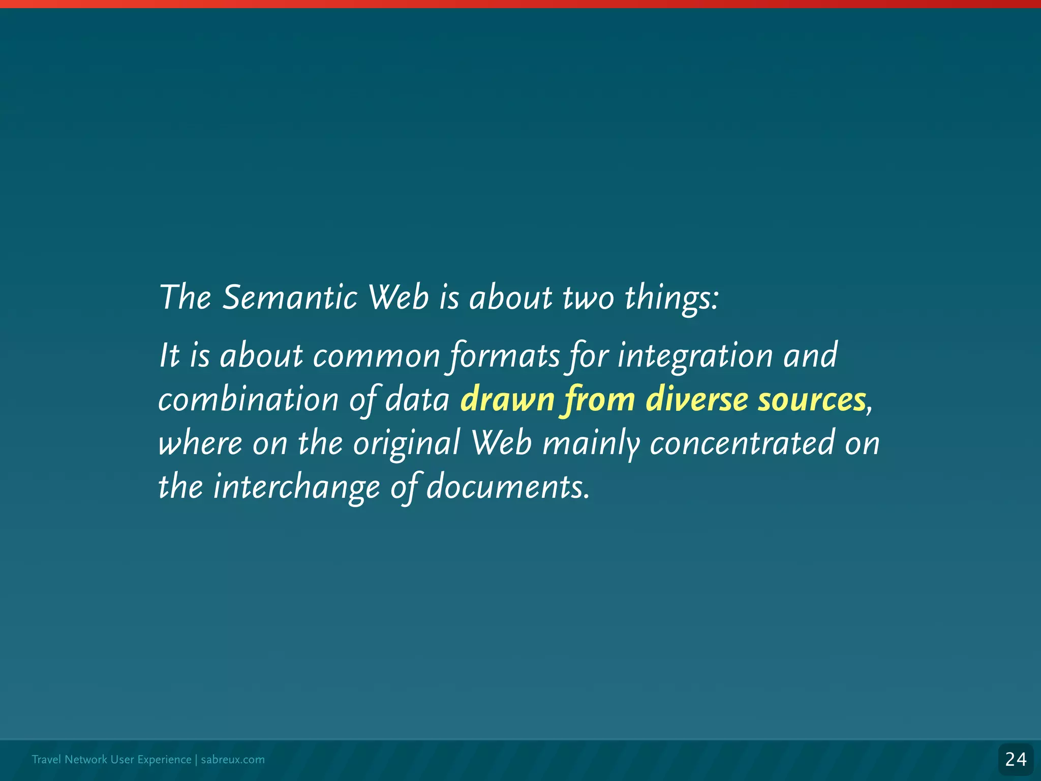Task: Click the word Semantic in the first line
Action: tap(290, 297)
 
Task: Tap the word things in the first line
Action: tap(671, 297)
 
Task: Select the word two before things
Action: tap(588, 297)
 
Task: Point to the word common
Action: tap(376, 355)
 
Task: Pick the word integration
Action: tap(695, 355)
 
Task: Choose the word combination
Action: tap(248, 400)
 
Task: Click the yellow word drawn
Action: tap(507, 400)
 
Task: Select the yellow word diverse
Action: tap(696, 400)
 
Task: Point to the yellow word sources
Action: tap(811, 400)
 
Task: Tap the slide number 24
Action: tap(1016, 760)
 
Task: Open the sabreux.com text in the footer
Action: tap(233, 760)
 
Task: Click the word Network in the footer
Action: tap(86, 760)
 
